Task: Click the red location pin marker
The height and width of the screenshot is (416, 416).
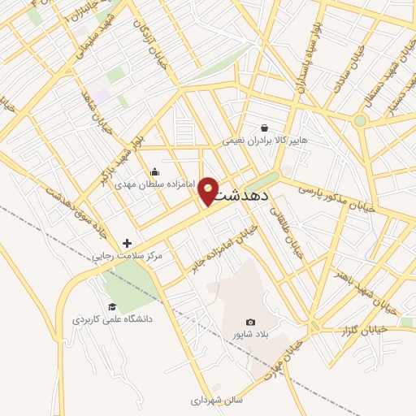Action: [208, 190]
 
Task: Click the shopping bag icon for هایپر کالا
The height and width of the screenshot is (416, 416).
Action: [265, 128]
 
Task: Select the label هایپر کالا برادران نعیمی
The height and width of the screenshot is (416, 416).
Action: [266, 141]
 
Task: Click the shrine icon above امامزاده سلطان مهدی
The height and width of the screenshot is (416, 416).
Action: [155, 172]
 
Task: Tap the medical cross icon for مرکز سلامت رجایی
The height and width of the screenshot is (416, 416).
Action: [127, 243]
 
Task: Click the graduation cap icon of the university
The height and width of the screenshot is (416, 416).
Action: [112, 306]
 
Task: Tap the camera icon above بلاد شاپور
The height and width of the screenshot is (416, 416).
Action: [249, 323]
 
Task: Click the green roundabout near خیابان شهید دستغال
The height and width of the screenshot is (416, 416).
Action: [360, 120]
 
